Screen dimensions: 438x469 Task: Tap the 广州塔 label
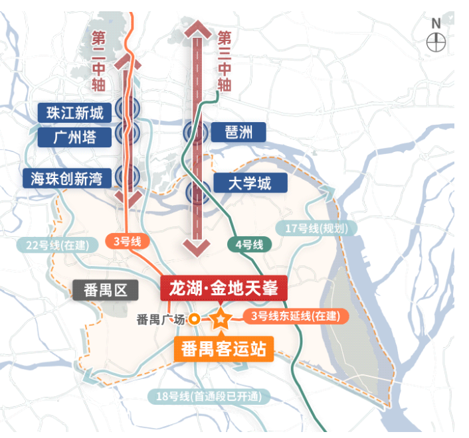[74, 137]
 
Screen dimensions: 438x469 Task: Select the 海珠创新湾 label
[66, 177]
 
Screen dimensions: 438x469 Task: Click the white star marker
[220, 320]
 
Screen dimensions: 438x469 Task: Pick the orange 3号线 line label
[128, 242]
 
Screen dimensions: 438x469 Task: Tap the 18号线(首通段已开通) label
[209, 398]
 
